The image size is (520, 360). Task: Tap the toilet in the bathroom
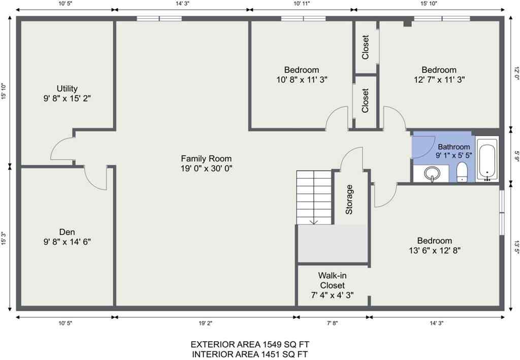click(x=462, y=172)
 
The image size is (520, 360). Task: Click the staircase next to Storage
click(x=314, y=196)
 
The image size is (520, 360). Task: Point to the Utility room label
click(x=67, y=89)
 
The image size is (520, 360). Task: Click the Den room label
click(x=67, y=232)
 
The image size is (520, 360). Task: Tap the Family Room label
click(x=206, y=158)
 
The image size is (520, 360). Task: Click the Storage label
click(x=349, y=200)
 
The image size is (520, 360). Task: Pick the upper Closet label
click(x=366, y=47)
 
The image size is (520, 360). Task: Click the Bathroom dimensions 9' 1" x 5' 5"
click(x=454, y=155)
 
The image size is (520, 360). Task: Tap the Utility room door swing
click(x=61, y=149)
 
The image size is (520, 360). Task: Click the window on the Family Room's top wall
click(x=159, y=19)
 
